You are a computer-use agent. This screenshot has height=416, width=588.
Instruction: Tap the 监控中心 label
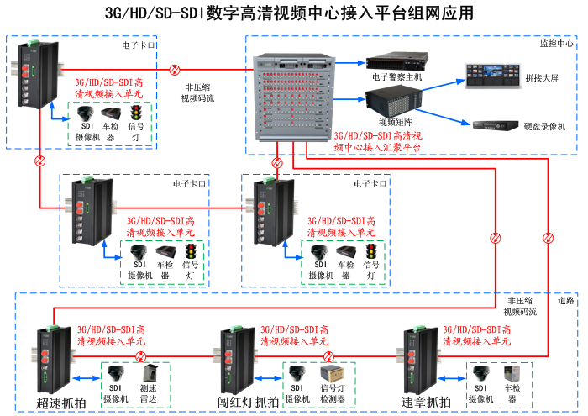point(557,43)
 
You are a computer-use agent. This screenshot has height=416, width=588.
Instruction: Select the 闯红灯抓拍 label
point(249,402)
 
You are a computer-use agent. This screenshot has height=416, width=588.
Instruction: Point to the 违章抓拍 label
point(426,402)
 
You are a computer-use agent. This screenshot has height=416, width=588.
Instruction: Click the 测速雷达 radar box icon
point(150,374)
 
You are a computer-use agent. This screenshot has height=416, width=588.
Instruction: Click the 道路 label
point(565,300)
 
